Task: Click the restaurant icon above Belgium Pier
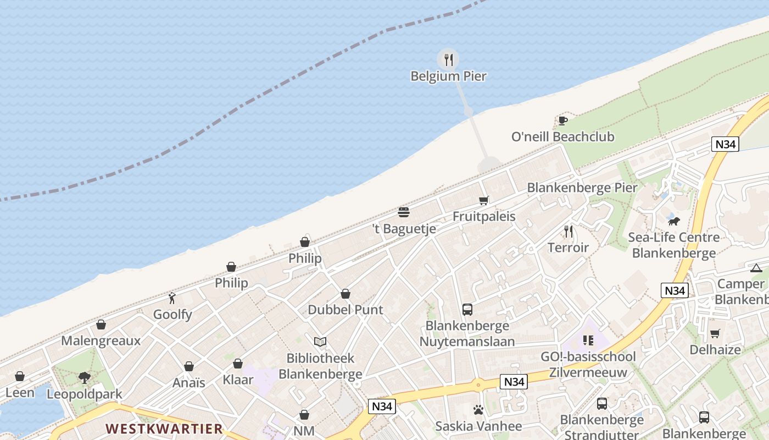tap(449, 59)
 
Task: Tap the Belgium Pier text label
tap(449, 76)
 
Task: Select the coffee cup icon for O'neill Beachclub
tap(562, 120)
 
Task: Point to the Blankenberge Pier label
tap(582, 188)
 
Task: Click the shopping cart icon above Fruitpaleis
tap(483, 200)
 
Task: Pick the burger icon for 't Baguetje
tap(404, 212)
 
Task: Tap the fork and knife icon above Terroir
tap(569, 232)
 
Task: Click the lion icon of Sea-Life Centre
tap(674, 221)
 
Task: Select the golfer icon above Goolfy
tap(172, 298)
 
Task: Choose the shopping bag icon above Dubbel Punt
tap(346, 294)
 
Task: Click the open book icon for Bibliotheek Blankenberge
tap(320, 342)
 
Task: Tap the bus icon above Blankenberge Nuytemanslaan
tap(467, 310)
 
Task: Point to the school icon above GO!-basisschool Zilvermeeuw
tap(588, 340)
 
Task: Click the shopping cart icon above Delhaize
tap(715, 333)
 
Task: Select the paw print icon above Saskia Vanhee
tap(478, 410)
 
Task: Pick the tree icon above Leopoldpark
tap(85, 377)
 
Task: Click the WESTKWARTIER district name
tap(164, 428)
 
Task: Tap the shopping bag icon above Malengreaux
tap(101, 324)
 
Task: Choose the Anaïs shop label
tap(189, 383)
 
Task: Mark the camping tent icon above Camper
tap(756, 268)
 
